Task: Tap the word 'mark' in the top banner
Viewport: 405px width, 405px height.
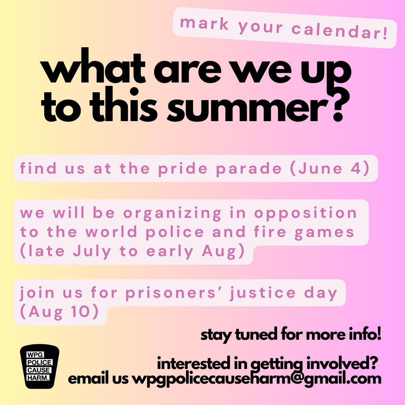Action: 204,23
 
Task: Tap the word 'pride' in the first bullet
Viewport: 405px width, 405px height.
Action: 183,169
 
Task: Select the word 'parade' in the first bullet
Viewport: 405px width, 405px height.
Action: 249,169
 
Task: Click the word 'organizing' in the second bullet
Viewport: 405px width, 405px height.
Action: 172,214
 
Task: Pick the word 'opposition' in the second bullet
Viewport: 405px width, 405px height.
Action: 305,214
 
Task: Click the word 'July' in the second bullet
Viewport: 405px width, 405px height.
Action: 92,251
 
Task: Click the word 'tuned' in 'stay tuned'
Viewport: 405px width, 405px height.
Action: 256,334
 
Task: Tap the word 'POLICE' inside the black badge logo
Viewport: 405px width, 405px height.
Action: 39,362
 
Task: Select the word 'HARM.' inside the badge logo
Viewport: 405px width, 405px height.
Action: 38,378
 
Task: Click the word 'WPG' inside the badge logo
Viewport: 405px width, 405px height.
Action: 34,355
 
